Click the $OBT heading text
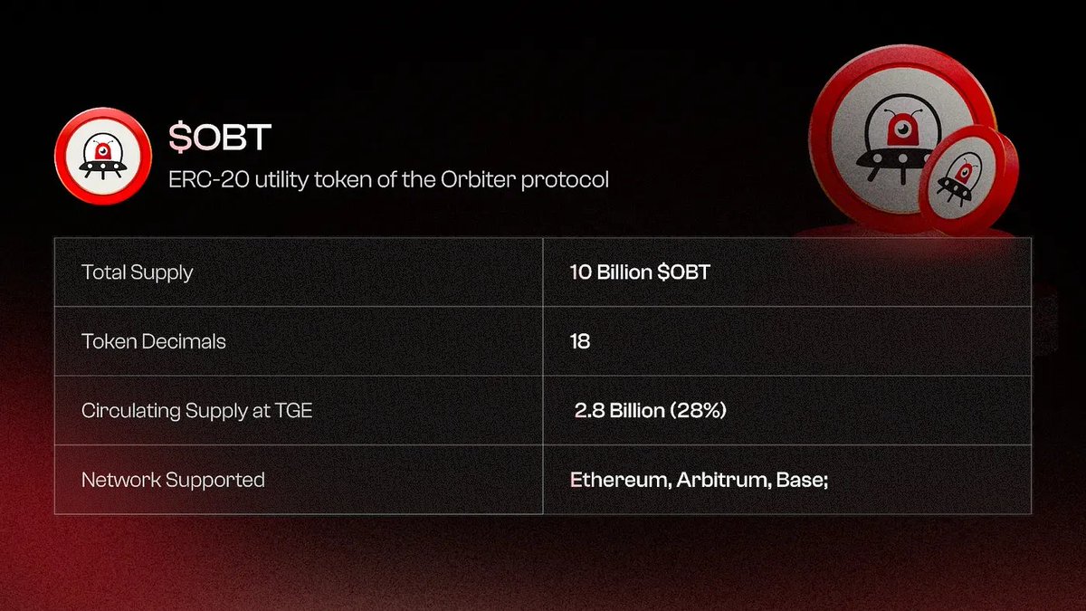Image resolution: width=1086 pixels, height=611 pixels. click(x=220, y=138)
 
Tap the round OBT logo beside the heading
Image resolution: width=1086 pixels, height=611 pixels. click(x=103, y=156)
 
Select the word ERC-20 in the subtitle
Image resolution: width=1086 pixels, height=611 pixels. click(x=209, y=180)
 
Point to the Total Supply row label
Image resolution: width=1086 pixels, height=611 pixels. click(x=138, y=272)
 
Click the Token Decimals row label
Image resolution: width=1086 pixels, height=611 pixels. click(x=154, y=341)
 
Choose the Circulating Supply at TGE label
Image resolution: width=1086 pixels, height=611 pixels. click(x=197, y=411)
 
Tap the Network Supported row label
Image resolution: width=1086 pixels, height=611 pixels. click(x=173, y=480)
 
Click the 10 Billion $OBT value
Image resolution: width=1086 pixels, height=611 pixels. click(x=640, y=272)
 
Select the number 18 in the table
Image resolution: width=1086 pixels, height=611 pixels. click(x=580, y=341)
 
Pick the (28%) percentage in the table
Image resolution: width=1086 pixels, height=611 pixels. click(x=698, y=411)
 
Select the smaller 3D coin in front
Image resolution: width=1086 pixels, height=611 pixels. click(x=968, y=179)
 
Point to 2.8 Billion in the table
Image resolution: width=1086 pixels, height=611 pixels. click(x=620, y=411)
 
